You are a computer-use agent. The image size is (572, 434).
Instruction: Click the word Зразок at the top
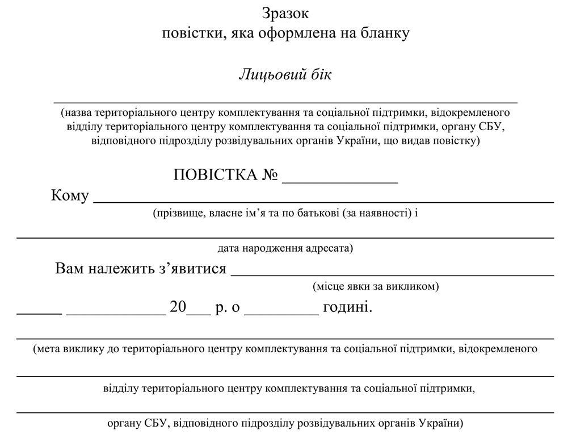(286, 12)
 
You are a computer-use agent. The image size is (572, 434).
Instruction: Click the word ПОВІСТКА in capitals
(215, 175)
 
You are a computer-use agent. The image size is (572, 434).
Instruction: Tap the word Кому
(70, 196)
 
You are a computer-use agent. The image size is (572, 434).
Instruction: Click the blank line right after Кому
(323, 201)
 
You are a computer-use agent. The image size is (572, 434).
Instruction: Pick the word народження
(269, 248)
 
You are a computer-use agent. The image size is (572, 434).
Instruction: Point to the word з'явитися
(191, 268)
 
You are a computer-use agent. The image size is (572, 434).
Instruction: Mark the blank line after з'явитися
(392, 274)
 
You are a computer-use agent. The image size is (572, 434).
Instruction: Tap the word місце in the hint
(327, 286)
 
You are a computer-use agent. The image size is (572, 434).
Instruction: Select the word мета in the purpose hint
(48, 348)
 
